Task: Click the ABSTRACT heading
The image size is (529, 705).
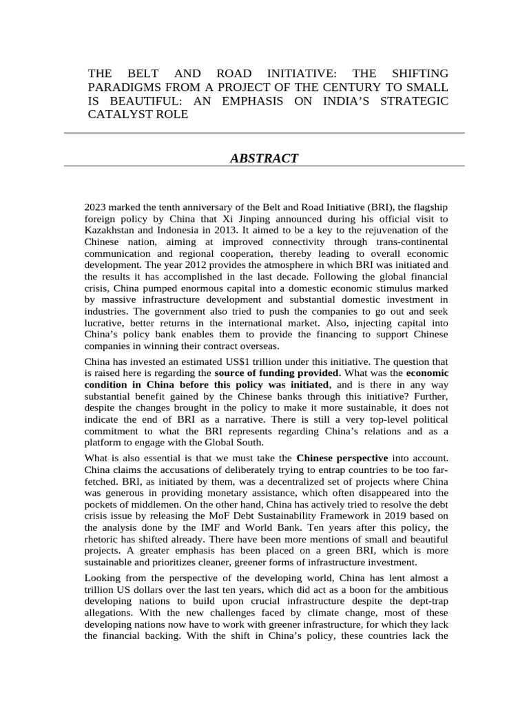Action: [264, 158]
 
